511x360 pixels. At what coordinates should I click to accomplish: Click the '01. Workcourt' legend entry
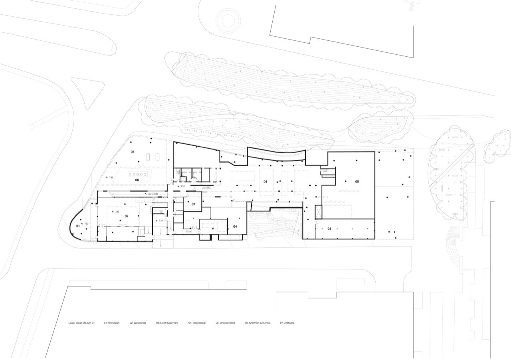click(112, 323)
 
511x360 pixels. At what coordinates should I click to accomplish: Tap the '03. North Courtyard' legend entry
click(167, 323)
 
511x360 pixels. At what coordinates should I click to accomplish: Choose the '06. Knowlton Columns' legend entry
click(257, 323)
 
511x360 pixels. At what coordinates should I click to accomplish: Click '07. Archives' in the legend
click(287, 323)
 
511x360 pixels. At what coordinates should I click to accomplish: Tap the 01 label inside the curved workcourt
click(78, 226)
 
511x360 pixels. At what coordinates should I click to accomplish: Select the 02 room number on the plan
click(127, 216)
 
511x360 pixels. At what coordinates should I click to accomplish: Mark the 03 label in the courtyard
click(132, 152)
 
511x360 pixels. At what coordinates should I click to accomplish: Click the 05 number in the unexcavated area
click(357, 181)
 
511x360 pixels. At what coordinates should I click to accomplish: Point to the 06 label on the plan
click(137, 180)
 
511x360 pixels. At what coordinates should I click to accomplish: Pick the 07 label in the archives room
click(193, 204)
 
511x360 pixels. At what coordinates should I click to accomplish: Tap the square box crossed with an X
click(318, 212)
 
